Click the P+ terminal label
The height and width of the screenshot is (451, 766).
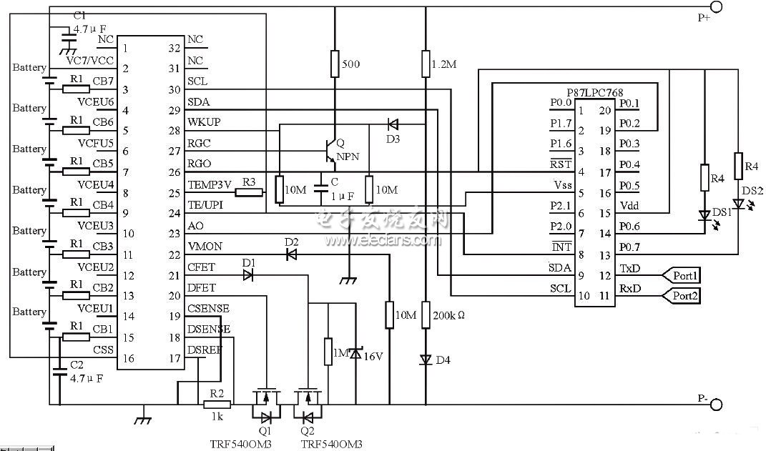[704, 19]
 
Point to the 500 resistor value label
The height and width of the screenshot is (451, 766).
[351, 64]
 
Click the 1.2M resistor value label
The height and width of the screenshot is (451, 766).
[443, 64]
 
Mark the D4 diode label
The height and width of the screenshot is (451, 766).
[443, 359]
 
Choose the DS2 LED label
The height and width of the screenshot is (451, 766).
[752, 191]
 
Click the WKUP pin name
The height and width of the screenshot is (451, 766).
[204, 122]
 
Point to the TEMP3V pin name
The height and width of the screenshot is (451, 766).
[210, 184]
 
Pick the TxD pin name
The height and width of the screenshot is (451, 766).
[630, 269]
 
